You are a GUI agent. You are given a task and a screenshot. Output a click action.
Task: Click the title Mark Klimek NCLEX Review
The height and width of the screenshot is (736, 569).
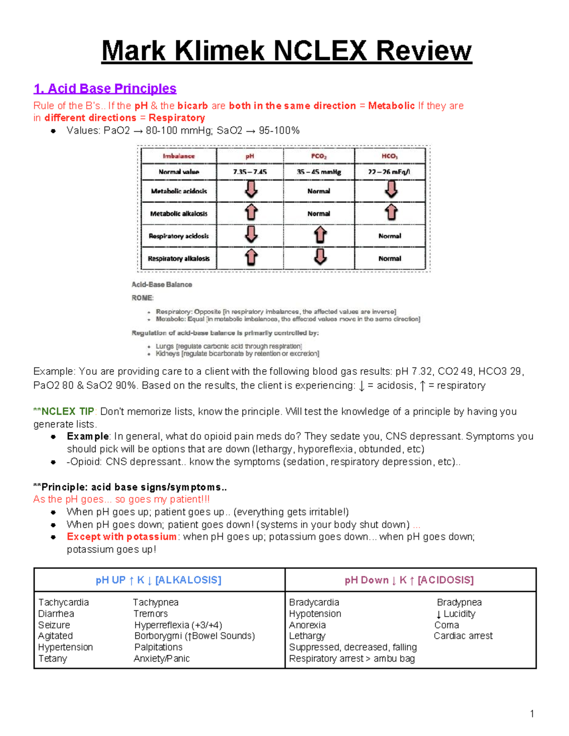pyautogui.click(x=286, y=51)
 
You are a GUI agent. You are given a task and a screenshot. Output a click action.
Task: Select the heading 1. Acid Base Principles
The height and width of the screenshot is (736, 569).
pyautogui.click(x=105, y=89)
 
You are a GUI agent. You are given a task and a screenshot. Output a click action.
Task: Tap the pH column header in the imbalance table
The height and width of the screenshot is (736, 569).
pyautogui.click(x=250, y=156)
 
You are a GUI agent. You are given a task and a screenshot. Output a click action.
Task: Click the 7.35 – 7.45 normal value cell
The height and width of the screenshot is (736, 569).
pyautogui.click(x=250, y=172)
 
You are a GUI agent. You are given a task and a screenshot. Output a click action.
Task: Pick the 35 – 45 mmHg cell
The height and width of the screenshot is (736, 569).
pyautogui.click(x=319, y=172)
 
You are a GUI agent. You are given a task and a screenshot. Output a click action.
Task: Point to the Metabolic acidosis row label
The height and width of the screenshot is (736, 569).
pyautogui.click(x=179, y=191)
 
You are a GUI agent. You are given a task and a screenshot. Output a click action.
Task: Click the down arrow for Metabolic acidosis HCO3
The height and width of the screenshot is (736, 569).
pyautogui.click(x=391, y=190)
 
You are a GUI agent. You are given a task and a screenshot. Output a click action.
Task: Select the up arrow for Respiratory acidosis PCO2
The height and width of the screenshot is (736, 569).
pyautogui.click(x=320, y=235)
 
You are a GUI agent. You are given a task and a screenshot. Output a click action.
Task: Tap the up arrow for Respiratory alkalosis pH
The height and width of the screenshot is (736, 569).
pyautogui.click(x=251, y=257)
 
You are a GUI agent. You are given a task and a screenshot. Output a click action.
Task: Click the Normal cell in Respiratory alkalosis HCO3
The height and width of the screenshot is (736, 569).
pyautogui.click(x=390, y=259)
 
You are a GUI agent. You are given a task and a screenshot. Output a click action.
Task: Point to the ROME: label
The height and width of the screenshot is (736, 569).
pyautogui.click(x=142, y=298)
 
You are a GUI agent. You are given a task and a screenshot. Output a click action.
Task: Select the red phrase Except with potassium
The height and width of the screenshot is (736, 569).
pyautogui.click(x=121, y=536)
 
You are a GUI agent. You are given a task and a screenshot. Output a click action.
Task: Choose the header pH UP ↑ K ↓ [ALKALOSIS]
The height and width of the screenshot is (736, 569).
pyautogui.click(x=158, y=580)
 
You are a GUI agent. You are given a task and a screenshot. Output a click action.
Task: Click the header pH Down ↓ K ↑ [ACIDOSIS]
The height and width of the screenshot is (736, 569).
pyautogui.click(x=409, y=580)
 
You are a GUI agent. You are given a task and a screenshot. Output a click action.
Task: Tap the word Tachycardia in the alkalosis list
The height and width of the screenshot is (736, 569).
pyautogui.click(x=64, y=602)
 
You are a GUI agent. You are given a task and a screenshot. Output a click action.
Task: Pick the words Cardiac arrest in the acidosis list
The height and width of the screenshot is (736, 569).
pyautogui.click(x=463, y=636)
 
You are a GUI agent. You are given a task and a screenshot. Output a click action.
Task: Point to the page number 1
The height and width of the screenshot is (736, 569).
pyautogui.click(x=532, y=714)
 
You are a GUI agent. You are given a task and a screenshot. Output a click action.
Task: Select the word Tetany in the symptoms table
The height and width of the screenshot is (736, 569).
pyautogui.click(x=53, y=659)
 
